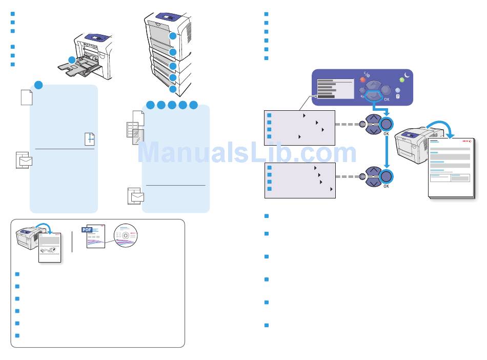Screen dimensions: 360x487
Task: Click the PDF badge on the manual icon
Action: pyautogui.click(x=87, y=229)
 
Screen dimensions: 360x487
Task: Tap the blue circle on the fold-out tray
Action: pyautogui.click(x=72, y=60)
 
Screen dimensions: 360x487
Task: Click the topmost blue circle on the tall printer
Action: pyautogui.click(x=173, y=36)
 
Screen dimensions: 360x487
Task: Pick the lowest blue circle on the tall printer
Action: pyautogui.click(x=173, y=89)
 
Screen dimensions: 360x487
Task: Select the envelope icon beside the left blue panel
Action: pyautogui.click(x=24, y=161)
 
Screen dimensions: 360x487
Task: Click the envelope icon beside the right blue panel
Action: pyautogui.click(x=136, y=196)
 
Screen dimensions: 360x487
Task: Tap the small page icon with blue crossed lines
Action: pyautogui.click(x=90, y=138)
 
